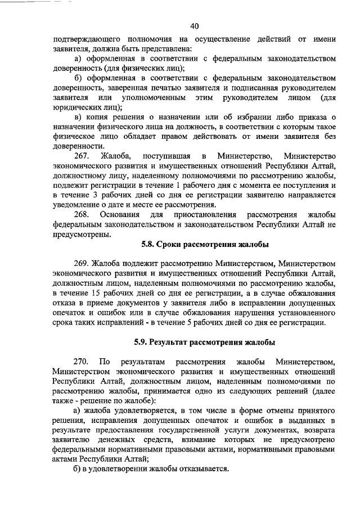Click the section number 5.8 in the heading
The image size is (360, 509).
[147, 244]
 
